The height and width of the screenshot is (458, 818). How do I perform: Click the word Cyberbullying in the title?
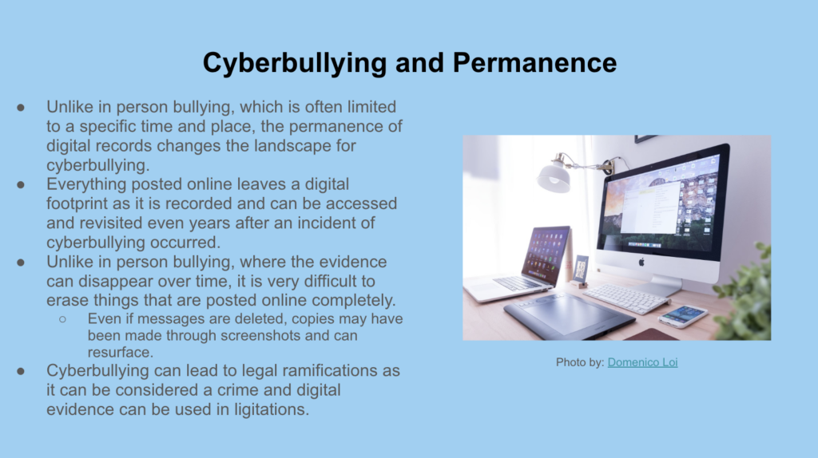pos(295,64)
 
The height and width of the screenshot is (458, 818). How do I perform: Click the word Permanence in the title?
pos(534,62)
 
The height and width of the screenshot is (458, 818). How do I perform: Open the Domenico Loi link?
pos(643,362)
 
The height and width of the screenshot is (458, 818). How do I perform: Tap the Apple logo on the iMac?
pos(641,262)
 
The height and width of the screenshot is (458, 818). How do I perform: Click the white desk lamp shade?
pos(554,176)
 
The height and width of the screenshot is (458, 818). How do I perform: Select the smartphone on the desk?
pos(682,316)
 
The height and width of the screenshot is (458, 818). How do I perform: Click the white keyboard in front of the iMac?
pos(626,298)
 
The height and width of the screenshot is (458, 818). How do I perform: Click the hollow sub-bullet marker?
pos(62,319)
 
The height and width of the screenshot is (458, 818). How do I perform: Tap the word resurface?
pos(121,352)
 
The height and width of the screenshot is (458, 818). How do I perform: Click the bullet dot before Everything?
pos(21,184)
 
